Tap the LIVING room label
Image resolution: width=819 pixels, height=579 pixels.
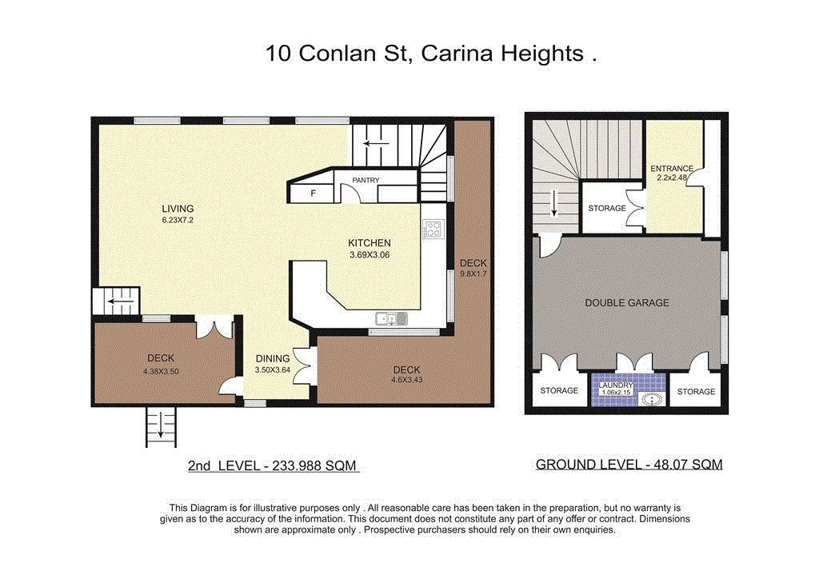point(178,209)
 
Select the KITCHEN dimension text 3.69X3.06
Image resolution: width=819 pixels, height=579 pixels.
point(369,255)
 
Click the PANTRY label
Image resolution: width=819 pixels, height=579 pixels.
point(366,181)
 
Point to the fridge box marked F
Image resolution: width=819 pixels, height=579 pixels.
point(313,193)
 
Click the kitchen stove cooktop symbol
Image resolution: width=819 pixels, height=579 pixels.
point(433,230)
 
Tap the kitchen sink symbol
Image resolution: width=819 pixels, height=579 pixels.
point(392,319)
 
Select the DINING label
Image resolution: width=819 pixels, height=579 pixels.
point(273,359)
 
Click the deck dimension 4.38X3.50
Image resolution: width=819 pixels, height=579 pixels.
point(160,370)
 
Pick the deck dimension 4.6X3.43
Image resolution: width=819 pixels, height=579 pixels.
point(406,381)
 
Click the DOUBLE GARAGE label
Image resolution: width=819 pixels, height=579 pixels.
point(627,302)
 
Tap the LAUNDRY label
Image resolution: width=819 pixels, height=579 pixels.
point(616,385)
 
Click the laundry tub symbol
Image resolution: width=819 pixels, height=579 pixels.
point(653,398)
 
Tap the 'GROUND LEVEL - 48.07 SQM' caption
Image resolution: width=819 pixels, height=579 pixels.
point(629,465)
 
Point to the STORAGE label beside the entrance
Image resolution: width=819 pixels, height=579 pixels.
point(607,208)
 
